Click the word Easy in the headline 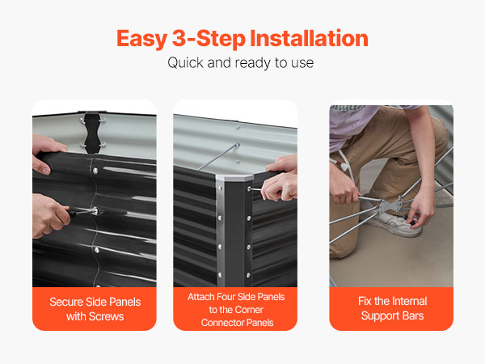(141, 39)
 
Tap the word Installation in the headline (309, 38)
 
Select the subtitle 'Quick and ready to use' (241, 63)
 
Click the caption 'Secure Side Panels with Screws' (95, 309)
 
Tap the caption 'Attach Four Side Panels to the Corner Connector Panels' (236, 310)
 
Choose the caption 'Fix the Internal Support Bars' (392, 308)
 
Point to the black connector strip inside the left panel (92, 133)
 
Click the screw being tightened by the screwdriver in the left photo (95, 211)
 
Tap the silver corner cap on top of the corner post (234, 178)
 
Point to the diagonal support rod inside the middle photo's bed (218, 157)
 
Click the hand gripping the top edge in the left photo (45, 153)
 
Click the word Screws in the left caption (106, 316)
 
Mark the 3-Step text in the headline (209, 39)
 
